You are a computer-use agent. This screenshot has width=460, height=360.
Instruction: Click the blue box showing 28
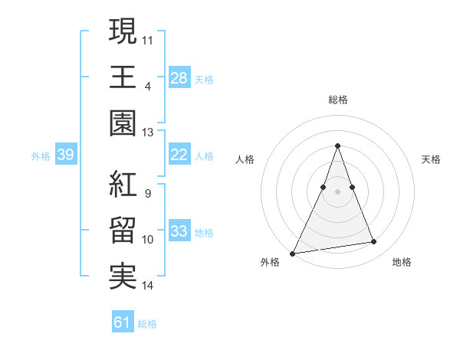[x=179, y=77]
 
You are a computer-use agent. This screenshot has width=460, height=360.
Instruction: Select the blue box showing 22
[x=179, y=155]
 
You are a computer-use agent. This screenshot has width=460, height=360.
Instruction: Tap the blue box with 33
[x=179, y=231]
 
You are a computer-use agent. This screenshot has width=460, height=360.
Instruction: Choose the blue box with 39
[x=65, y=155]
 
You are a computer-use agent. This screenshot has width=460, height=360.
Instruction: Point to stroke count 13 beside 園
[x=148, y=133]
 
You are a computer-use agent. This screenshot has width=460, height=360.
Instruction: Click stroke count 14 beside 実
[x=148, y=286]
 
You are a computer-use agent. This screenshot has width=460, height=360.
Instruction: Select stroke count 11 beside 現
[x=148, y=39]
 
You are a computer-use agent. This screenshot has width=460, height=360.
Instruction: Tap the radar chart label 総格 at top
[x=337, y=100]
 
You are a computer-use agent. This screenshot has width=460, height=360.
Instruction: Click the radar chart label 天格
[x=432, y=159]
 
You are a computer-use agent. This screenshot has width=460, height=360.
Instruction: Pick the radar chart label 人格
[x=245, y=159]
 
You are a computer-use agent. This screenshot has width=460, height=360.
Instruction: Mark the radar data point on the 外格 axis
[x=292, y=253]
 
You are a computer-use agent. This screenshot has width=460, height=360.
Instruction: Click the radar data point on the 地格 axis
[x=374, y=242]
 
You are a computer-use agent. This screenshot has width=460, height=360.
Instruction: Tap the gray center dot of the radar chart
[x=337, y=191]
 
